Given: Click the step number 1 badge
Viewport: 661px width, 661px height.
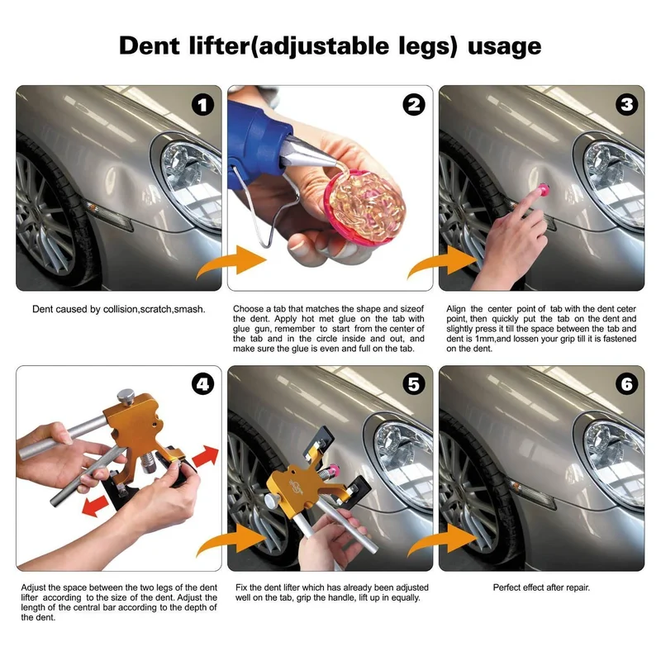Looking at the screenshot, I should [202, 105].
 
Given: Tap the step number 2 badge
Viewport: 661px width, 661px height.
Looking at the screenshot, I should [413, 105].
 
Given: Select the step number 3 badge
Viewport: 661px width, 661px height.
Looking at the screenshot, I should [625, 105].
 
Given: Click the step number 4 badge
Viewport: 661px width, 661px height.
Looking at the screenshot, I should [202, 385].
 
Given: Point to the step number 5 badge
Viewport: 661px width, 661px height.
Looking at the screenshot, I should [413, 385].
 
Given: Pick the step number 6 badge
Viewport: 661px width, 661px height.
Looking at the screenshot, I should [625, 385].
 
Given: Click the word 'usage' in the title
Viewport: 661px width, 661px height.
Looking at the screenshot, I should [504, 45].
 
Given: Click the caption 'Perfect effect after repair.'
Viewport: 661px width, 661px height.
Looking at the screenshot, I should [541, 587].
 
